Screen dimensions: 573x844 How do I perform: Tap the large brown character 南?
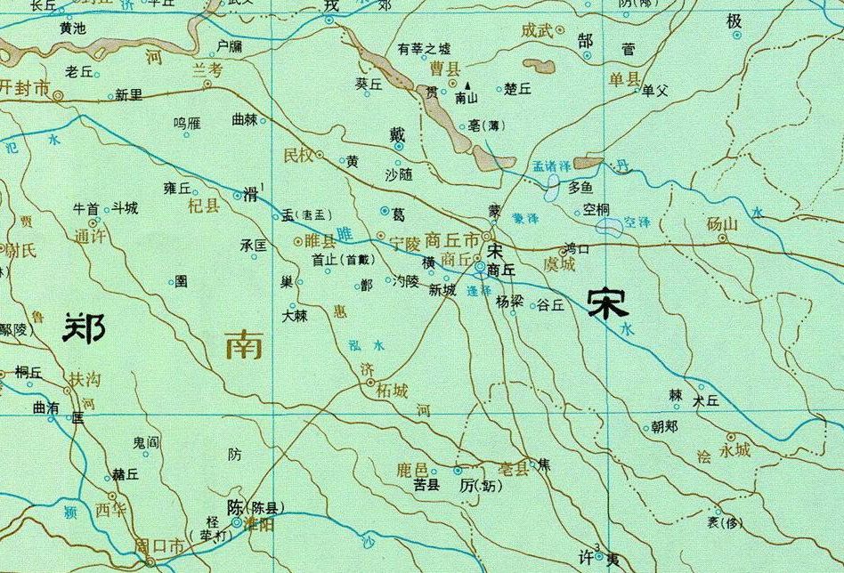(243, 343)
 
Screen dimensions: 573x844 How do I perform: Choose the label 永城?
(735, 450)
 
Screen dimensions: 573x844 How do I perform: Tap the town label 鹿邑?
(415, 467)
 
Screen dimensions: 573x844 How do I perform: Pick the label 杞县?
(204, 206)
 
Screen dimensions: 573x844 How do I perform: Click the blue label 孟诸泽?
(551, 165)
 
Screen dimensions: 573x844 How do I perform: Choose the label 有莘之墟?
(424, 49)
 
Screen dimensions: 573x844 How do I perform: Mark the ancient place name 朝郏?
(664, 427)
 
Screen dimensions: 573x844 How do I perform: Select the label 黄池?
(73, 28)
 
